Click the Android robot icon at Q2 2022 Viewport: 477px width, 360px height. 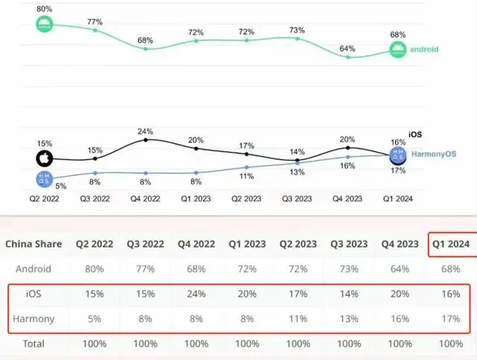coord(45,25)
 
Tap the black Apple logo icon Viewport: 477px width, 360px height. coord(45,158)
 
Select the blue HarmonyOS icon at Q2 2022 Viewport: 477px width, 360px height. coord(45,179)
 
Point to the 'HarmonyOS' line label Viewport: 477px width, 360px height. coord(434,154)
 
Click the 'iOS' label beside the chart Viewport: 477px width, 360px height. coord(416,135)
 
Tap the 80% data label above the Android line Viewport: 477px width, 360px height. coord(45,8)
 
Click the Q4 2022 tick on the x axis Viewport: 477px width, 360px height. coord(146,198)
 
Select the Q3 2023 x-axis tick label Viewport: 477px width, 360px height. coord(297,198)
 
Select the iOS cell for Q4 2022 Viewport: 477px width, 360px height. coord(196,294)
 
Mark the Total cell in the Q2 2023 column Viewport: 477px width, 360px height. coord(297,344)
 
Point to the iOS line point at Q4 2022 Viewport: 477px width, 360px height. coord(146,139)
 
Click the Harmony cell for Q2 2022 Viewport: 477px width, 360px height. coord(94,318)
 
